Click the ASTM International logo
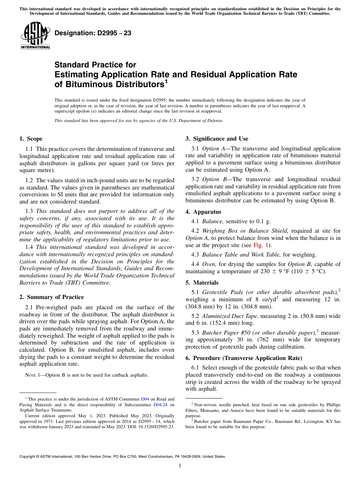pos(35,36)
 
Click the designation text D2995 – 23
pos(93,33)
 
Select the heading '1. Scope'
pos(31,139)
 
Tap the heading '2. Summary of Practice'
pos(52,297)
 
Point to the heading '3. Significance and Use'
pos(217,139)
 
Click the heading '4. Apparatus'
pos(203,212)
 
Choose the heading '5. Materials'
pos(202,283)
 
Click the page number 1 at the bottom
pos(180,466)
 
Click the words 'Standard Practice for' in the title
pos(95,65)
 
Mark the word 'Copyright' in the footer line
pos(28,457)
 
